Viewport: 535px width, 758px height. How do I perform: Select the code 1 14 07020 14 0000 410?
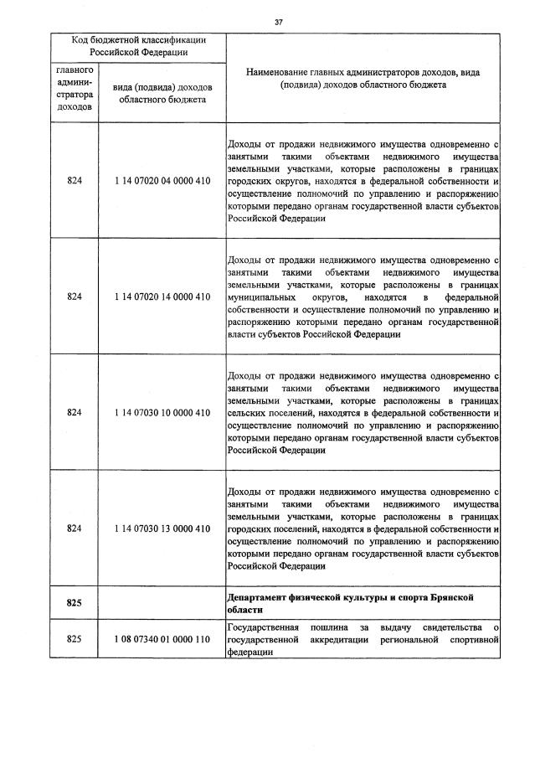click(x=162, y=296)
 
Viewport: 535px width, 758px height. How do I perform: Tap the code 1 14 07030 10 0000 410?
click(x=162, y=412)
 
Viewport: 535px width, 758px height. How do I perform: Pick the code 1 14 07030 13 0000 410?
click(x=162, y=529)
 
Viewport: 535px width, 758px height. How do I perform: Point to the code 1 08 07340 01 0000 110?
click(x=162, y=640)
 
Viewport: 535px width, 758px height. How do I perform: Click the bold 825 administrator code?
click(x=74, y=602)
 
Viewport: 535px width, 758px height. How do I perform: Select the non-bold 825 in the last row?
click(x=74, y=640)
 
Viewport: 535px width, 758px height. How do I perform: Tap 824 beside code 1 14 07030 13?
click(x=74, y=529)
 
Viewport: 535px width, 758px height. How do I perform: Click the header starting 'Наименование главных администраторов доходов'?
click(x=363, y=79)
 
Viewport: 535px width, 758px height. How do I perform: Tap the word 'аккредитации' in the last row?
click(x=371, y=640)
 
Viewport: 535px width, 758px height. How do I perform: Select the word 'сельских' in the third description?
click(x=246, y=413)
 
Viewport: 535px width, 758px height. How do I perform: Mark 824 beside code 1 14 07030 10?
click(x=74, y=412)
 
